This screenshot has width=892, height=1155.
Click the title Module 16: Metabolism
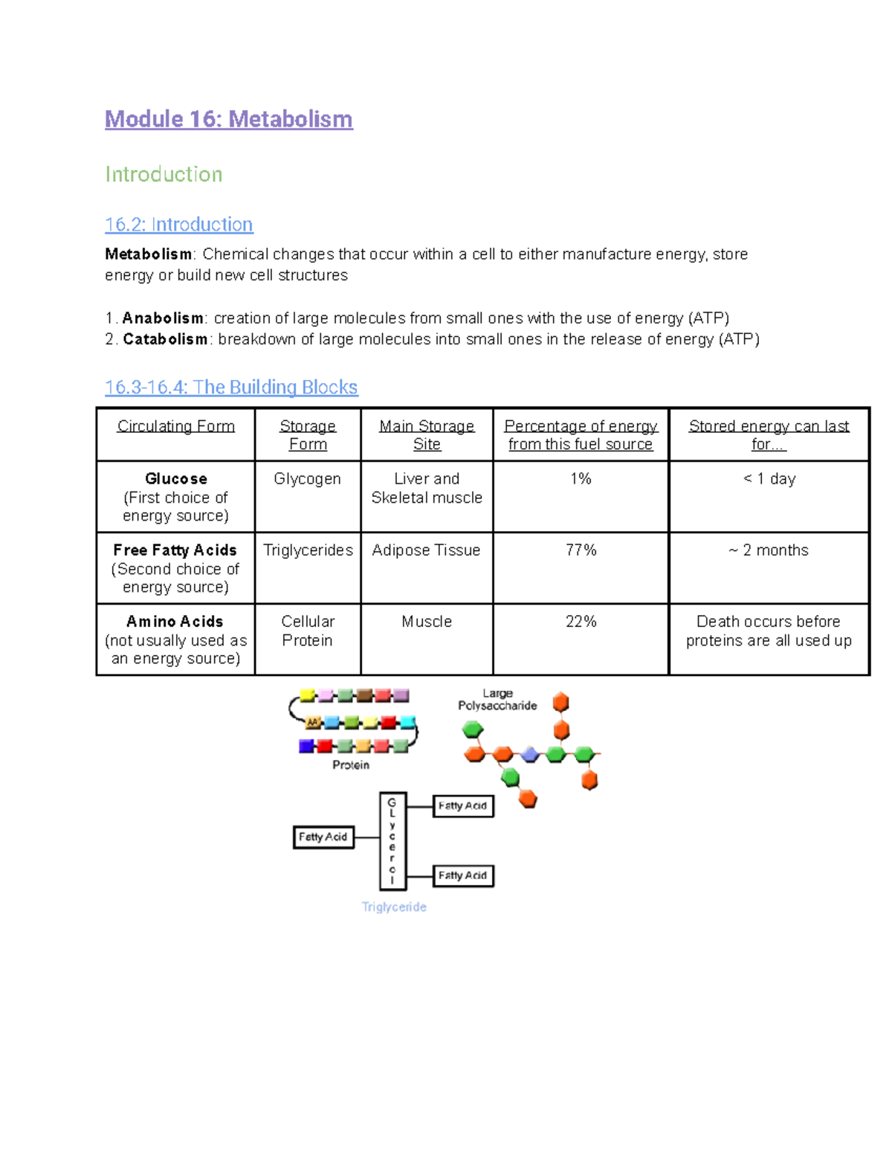228,119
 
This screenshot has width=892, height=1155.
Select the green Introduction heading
164,174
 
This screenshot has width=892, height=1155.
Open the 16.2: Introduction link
178,225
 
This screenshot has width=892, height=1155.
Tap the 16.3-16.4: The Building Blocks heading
231,387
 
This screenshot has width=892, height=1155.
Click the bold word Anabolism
163,318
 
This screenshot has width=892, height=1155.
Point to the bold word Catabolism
165,339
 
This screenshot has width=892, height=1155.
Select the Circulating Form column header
175,426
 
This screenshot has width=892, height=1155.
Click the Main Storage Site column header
427,435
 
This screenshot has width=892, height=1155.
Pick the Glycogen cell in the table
307,479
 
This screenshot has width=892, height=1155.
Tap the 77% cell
581,550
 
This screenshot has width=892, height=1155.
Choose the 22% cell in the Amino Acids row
581,622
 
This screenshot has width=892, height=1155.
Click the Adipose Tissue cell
426,550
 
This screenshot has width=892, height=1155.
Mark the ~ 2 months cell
769,550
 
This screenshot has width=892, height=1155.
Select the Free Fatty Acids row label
175,550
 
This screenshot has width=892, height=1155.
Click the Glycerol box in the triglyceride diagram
392,841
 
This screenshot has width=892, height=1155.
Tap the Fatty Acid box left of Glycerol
323,837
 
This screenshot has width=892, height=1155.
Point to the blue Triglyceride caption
394,907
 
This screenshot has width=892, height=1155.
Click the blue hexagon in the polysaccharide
529,755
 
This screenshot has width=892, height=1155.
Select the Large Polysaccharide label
497,699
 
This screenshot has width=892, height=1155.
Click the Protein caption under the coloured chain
351,765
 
